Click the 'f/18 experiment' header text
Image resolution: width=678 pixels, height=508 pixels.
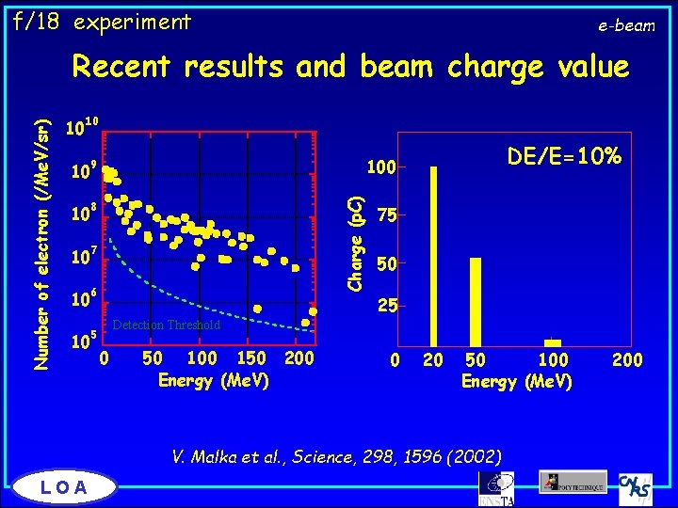click(101, 21)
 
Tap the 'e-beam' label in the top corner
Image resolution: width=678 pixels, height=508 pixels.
click(626, 25)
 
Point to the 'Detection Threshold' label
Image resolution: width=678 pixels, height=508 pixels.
click(166, 325)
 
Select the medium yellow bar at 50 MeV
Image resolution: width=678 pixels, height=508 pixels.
click(476, 301)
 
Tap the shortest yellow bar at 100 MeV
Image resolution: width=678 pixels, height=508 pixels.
click(553, 342)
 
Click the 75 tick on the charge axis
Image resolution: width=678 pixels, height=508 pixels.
click(385, 215)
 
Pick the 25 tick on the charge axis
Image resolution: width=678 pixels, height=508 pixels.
click(385, 307)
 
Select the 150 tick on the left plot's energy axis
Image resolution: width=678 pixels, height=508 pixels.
click(251, 358)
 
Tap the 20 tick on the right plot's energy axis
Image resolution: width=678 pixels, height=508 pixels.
click(433, 359)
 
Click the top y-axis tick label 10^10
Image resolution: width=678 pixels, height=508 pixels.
click(81, 128)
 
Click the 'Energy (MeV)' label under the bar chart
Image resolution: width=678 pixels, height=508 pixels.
click(516, 381)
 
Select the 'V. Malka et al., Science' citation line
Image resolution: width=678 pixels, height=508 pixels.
click(336, 456)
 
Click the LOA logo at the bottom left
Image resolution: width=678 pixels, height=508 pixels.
click(65, 486)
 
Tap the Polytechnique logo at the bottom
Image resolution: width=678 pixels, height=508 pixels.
click(573, 481)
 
